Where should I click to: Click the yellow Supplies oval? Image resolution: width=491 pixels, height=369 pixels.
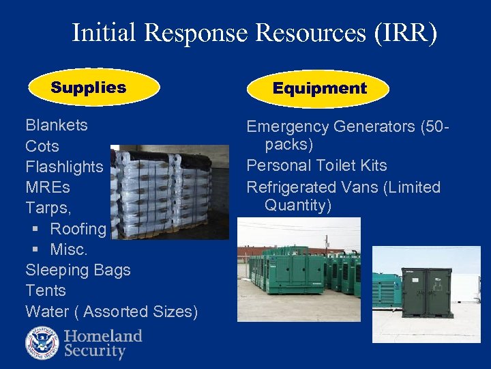(93, 87)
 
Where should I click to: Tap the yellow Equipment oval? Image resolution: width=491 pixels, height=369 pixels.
(318, 89)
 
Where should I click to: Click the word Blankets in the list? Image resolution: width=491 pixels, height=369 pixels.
(57, 125)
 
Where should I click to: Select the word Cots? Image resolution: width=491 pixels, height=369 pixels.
(42, 146)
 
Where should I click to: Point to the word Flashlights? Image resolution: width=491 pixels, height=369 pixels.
(64, 167)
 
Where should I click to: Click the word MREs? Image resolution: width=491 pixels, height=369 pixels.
(48, 187)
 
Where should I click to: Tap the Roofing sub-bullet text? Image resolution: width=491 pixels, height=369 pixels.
(78, 229)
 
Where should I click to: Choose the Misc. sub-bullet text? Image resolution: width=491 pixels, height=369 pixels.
(69, 249)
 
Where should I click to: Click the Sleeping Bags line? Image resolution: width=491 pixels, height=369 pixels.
(78, 270)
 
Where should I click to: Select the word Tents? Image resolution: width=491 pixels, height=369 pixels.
(46, 290)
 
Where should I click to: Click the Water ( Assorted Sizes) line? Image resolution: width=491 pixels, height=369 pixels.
(111, 312)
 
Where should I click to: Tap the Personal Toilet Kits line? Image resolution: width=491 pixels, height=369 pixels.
(316, 166)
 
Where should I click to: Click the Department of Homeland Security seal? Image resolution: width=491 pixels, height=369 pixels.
(42, 344)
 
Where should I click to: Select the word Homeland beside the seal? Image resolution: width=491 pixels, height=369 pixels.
(103, 336)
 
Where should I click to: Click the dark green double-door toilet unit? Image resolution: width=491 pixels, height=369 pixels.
(426, 293)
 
